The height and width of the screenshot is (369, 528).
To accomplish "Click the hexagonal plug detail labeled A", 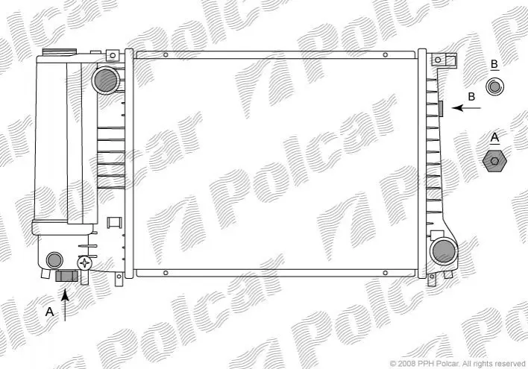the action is pos(494,161).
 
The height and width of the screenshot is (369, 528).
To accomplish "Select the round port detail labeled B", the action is pos(494,87).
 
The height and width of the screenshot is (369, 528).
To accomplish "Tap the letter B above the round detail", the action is pos(494,64).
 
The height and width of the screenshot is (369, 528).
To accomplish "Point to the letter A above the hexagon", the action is pos(494,137).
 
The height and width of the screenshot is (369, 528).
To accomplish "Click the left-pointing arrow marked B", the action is pos(466,108).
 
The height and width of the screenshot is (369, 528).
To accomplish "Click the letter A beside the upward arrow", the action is pos(49,312).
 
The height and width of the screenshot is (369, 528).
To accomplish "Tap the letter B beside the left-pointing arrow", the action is pos(471,97).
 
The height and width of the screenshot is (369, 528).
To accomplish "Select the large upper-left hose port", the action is pos(106,81).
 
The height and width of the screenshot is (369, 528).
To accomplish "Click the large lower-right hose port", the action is pos(444,251).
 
